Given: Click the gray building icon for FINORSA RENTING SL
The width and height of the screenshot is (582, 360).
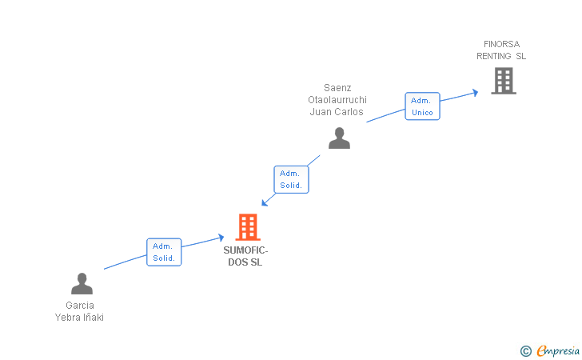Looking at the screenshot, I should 503,81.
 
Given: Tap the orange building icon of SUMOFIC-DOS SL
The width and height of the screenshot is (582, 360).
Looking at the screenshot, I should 248,227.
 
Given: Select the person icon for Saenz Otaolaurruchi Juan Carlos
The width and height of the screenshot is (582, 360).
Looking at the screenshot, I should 339,138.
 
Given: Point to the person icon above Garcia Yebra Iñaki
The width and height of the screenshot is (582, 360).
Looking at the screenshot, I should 82,283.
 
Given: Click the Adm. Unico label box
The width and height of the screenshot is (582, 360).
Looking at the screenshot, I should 422,106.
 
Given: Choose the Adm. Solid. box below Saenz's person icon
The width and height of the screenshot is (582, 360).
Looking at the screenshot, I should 290,179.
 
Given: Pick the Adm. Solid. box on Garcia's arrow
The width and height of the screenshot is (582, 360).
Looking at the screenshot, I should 164,252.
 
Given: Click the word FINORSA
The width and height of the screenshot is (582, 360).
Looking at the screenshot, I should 501,44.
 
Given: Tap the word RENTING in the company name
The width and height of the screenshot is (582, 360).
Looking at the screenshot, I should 493,56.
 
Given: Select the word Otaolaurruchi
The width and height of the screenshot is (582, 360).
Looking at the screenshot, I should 337,100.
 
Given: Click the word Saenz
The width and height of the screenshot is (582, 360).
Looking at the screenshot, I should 337,88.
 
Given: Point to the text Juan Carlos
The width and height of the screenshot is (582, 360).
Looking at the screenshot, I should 337,112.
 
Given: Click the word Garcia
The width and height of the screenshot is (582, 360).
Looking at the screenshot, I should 80,306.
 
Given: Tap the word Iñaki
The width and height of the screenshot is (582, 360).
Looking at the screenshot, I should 94,318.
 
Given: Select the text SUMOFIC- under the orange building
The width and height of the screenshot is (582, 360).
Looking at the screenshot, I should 245,250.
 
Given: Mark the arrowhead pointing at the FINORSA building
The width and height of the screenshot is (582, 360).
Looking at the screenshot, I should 475,92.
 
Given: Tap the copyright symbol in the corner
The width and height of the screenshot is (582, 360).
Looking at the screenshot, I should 525,350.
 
